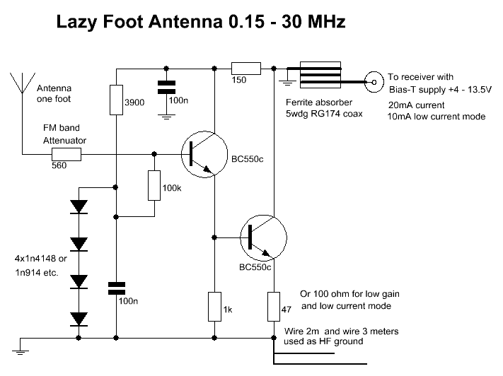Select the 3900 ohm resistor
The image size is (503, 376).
pyautogui.click(x=116, y=100)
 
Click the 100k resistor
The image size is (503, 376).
pyautogui.click(x=154, y=185)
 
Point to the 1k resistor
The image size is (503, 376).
pyautogui.click(x=214, y=305)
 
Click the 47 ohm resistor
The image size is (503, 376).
pyautogui.click(x=274, y=305)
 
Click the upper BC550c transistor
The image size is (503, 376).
pyautogui.click(x=202, y=153)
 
